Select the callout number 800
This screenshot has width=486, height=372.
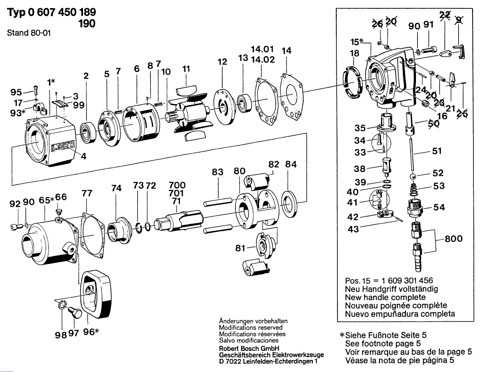click(453, 238)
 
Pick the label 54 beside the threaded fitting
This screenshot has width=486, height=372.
click(439, 207)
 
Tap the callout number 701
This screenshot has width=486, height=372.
click(177, 193)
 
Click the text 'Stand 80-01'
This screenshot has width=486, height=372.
click(29, 34)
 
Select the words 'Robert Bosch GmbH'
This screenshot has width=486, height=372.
click(250, 348)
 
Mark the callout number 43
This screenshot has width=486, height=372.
click(353, 229)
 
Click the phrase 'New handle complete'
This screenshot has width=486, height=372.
click(385, 297)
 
